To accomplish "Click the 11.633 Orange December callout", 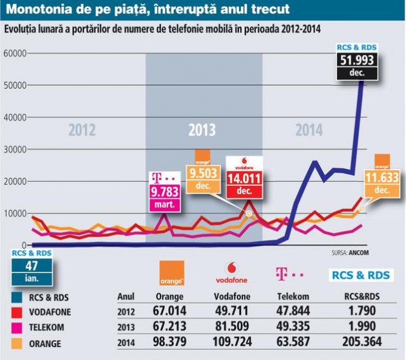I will click(x=381, y=177).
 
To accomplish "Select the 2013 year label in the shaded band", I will click(x=202, y=130).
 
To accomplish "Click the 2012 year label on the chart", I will click(x=82, y=130).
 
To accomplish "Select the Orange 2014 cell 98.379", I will click(x=170, y=341).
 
